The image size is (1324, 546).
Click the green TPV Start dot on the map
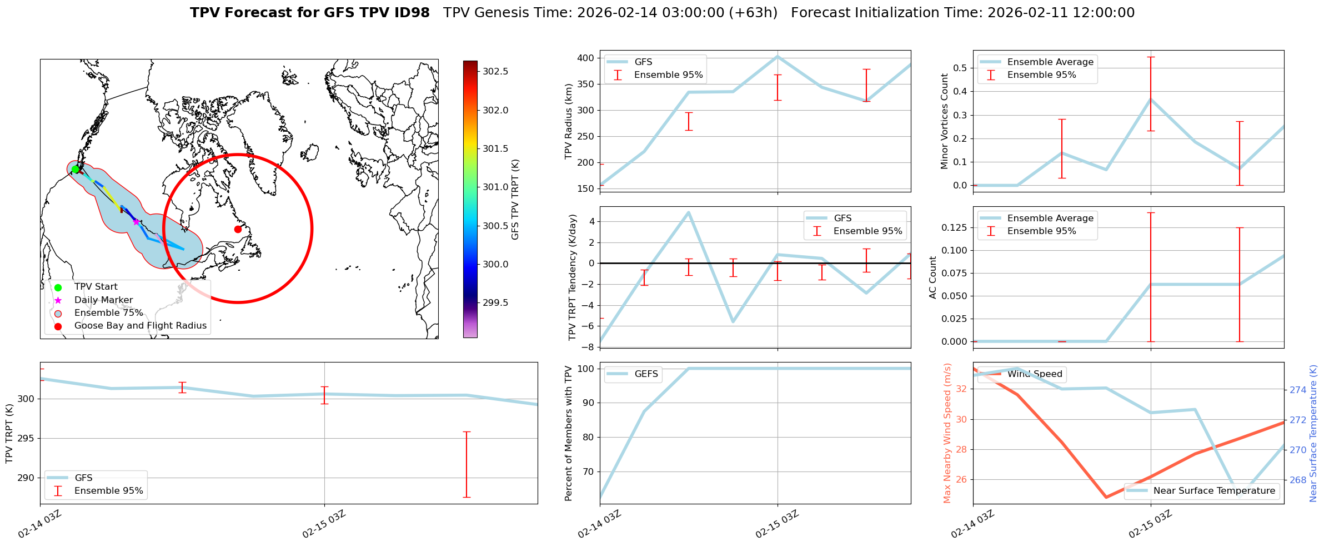(75, 169)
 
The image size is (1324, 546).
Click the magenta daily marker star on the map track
(136, 222)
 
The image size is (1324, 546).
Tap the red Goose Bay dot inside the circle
(238, 229)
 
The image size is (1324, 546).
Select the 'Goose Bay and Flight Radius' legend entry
(140, 326)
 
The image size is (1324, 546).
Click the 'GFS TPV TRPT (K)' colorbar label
(515, 199)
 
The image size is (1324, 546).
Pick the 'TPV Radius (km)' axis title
(568, 121)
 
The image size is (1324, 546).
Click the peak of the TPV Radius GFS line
(778, 56)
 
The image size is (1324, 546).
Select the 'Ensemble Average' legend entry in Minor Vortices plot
(1050, 62)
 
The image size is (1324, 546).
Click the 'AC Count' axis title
(933, 277)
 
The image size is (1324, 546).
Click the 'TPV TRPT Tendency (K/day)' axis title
(573, 277)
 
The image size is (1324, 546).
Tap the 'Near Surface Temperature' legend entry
(1213, 491)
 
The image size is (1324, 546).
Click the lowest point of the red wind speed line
(1106, 497)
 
